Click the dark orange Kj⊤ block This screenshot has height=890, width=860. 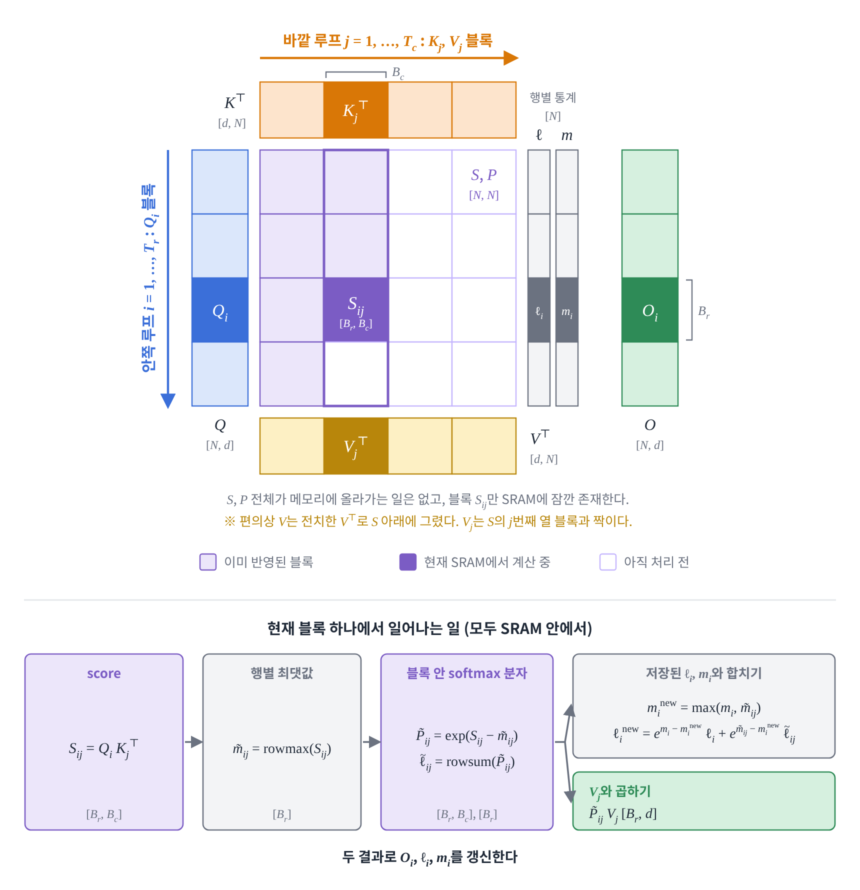[356, 110]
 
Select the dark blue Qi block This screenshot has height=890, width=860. [220, 310]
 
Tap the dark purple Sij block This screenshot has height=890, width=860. [356, 310]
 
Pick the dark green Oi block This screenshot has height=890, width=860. [650, 310]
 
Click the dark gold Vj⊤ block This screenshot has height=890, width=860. [356, 446]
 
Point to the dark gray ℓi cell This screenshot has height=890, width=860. [539, 310]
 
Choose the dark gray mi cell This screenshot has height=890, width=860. [567, 310]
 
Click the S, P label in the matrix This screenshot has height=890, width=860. [484, 175]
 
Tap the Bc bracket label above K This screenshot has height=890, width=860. [398, 73]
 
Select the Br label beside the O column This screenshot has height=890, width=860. [703, 311]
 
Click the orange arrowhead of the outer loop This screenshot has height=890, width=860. [511, 58]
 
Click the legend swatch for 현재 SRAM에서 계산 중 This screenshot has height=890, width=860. [408, 562]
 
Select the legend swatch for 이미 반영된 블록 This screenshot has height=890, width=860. [208, 562]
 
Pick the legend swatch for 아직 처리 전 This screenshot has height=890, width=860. [608, 562]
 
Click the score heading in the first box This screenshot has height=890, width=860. [104, 673]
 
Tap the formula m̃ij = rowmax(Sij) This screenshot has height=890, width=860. [282, 749]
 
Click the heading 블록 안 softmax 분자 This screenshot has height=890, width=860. [467, 673]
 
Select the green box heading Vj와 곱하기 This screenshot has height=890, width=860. [620, 791]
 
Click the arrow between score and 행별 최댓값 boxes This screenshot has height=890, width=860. [193, 742]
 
